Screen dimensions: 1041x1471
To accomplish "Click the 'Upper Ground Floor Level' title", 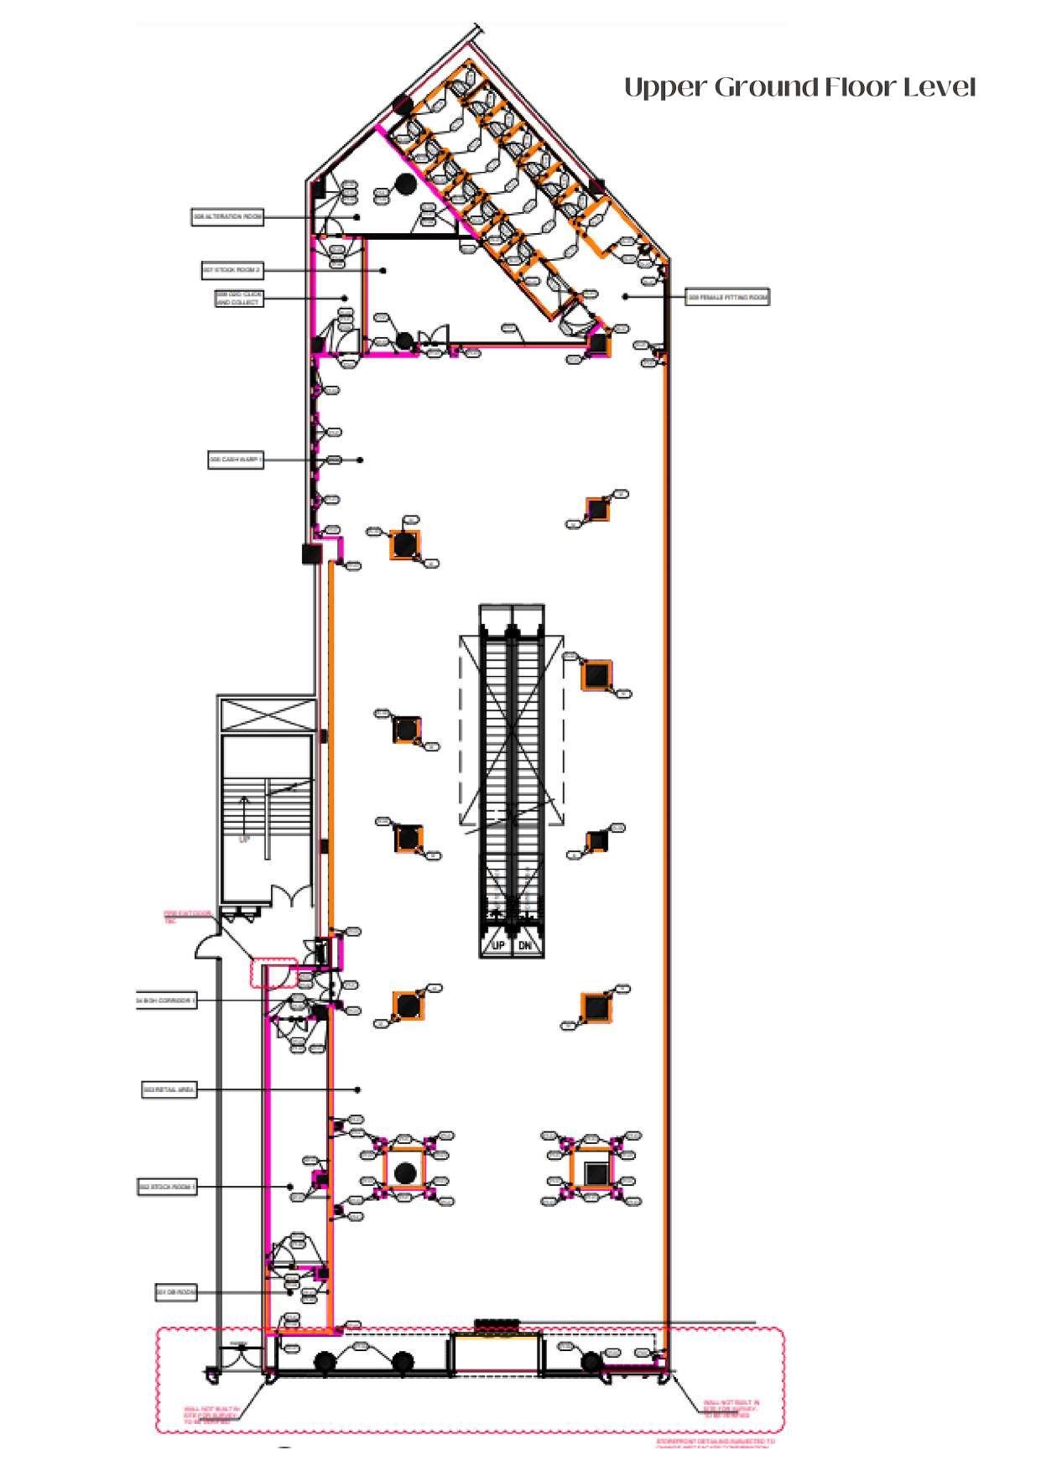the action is (x=799, y=87).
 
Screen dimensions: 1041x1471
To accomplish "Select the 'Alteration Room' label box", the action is (x=227, y=217).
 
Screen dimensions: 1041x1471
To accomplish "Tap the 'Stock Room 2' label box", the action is (x=232, y=271).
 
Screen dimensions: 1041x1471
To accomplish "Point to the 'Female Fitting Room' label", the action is (x=727, y=297).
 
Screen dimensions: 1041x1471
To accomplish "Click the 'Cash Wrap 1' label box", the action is (x=236, y=460).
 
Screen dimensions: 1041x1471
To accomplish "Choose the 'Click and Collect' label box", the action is (x=238, y=299).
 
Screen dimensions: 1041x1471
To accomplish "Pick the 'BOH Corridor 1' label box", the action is (x=167, y=1001).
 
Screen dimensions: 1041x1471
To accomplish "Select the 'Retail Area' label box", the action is (x=169, y=1090).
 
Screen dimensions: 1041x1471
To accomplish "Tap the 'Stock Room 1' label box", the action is (x=167, y=1188).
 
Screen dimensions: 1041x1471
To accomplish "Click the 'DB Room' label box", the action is (x=176, y=1292).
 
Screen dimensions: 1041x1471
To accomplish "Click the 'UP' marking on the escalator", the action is (x=497, y=946).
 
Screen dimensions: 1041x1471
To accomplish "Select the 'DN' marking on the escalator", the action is (x=525, y=946).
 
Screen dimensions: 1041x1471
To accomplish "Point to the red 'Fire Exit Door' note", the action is (x=185, y=917).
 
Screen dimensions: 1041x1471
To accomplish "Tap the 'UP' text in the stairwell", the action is (x=245, y=839).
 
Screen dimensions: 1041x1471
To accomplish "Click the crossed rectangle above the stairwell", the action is (x=268, y=714).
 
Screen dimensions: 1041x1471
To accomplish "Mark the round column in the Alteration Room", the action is (x=405, y=184).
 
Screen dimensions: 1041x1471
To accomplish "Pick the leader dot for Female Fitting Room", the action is (x=625, y=297).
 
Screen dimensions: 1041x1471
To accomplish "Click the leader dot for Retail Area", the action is (x=358, y=1090).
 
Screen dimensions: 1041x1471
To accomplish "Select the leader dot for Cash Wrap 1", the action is (x=361, y=460).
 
